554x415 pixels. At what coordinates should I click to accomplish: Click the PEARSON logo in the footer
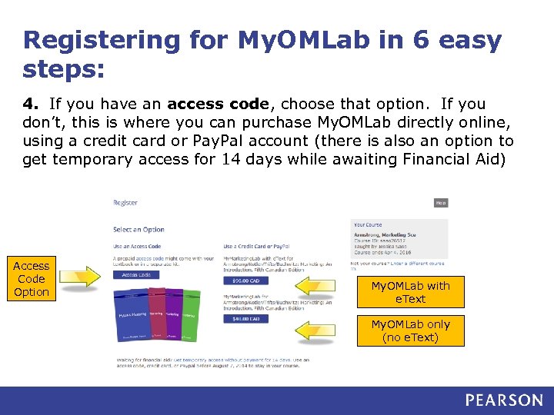coord(503,400)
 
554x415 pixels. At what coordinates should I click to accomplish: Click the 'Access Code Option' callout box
coord(32,279)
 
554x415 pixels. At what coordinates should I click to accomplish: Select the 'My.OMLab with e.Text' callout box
coord(410,292)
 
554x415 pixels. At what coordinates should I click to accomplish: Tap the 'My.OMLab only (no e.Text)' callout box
coord(410,330)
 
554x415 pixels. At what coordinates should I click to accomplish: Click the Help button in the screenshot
coord(440,203)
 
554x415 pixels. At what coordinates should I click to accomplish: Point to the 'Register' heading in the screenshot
coord(125,203)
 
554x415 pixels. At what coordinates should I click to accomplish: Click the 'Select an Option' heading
coord(138,229)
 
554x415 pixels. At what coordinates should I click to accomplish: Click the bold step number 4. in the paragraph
coord(29,104)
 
